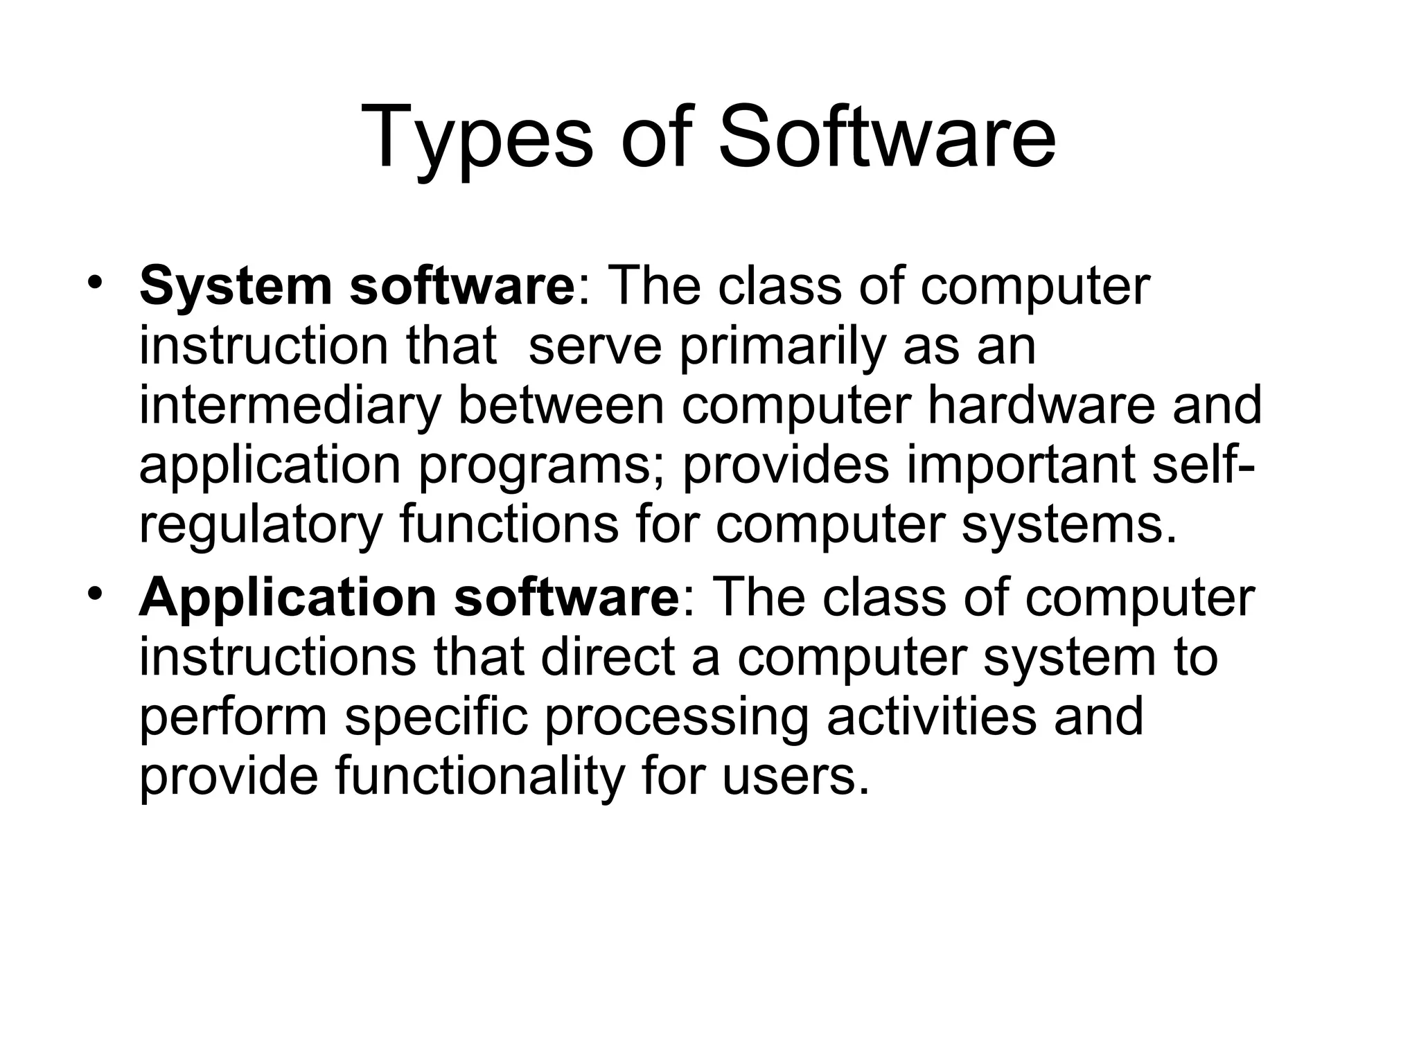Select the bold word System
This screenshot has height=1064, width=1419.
coord(236,287)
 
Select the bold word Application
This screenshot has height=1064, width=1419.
coord(288,598)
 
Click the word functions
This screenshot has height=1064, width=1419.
coord(509,525)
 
